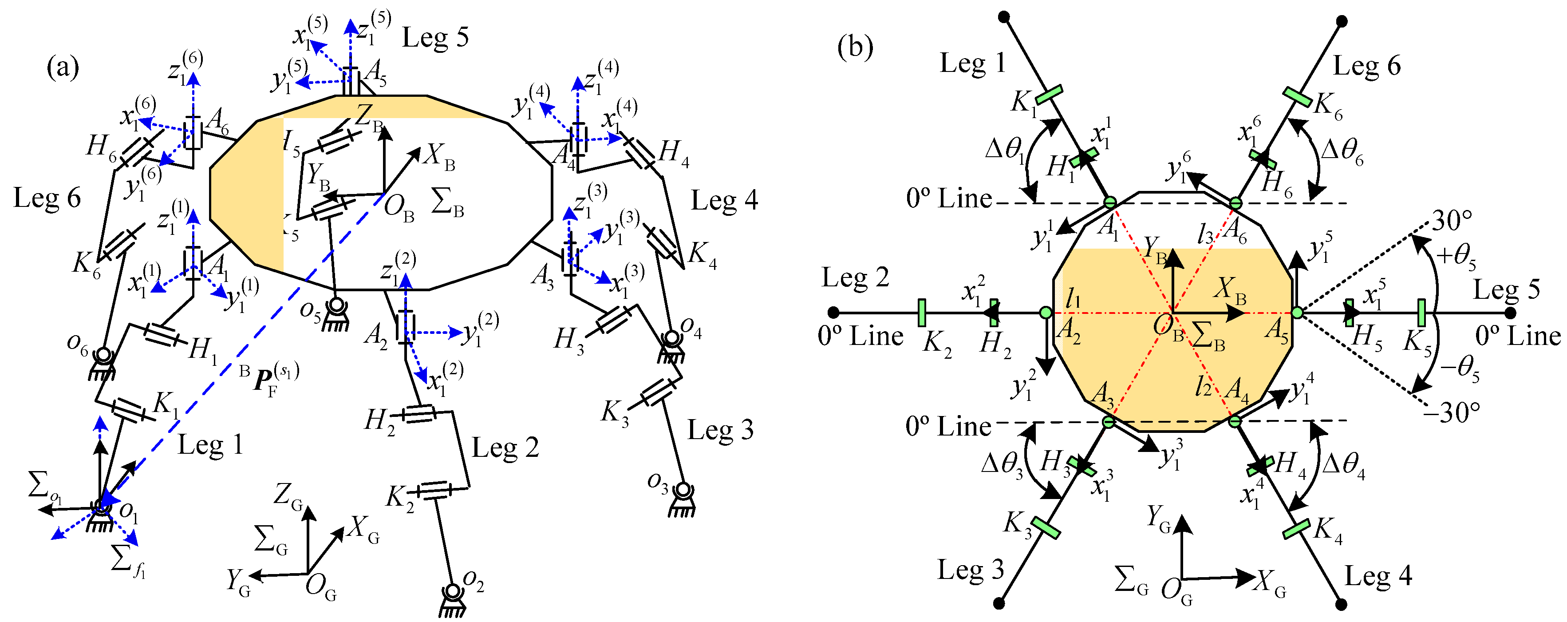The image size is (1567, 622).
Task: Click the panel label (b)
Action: click(x=855, y=46)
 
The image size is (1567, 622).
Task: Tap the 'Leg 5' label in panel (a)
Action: click(x=435, y=38)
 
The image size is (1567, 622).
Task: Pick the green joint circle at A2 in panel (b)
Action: click(x=1045, y=313)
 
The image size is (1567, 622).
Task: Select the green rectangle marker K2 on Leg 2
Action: click(x=922, y=313)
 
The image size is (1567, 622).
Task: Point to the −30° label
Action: click(x=1451, y=412)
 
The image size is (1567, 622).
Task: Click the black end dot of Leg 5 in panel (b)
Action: click(x=1511, y=313)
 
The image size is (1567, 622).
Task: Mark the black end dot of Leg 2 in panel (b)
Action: click(x=834, y=313)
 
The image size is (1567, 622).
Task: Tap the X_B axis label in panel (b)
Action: click(x=1230, y=290)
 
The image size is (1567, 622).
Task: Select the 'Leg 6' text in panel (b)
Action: click(x=1367, y=66)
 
